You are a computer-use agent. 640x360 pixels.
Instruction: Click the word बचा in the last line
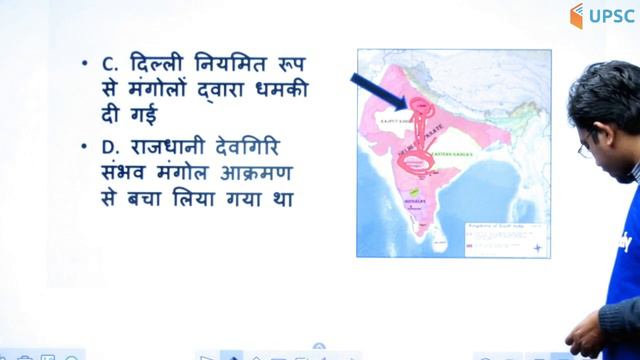coord(147,200)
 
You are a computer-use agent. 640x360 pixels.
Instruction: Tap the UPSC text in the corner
coord(610,15)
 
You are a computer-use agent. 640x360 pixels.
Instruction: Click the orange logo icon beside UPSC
coord(577,15)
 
